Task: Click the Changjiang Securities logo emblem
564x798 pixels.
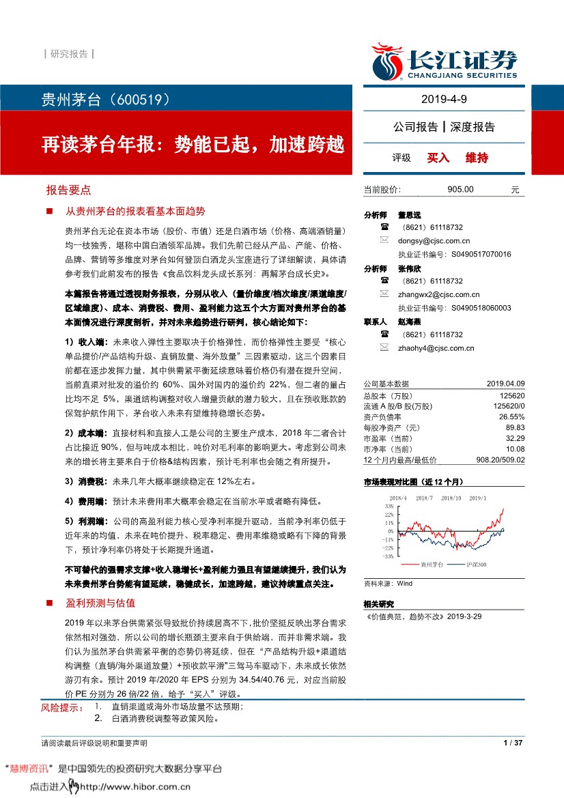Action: click(387, 60)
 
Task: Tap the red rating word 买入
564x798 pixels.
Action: click(438, 158)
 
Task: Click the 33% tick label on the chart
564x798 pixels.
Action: click(389, 507)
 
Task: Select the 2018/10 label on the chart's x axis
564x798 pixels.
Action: click(451, 498)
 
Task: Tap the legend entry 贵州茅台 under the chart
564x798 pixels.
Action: click(431, 565)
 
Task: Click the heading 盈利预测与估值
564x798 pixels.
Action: click(100, 603)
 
